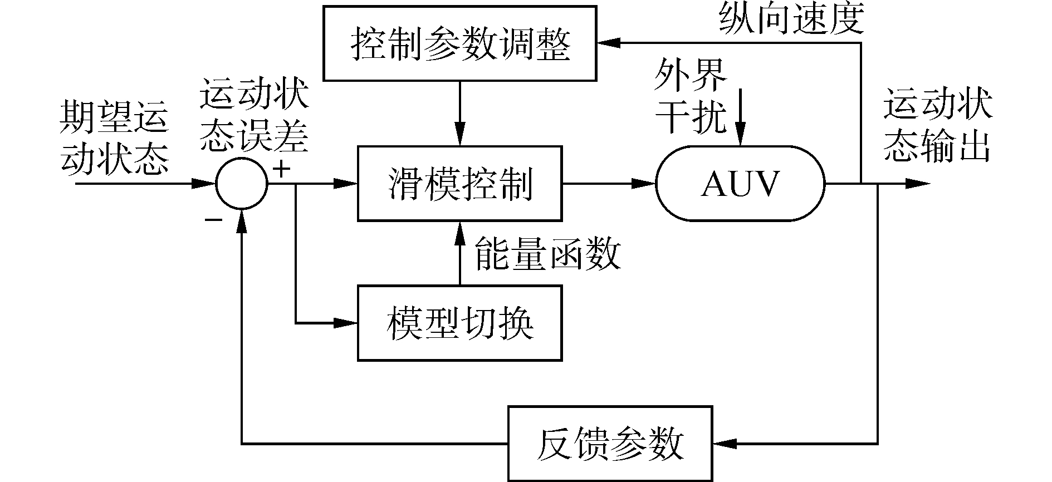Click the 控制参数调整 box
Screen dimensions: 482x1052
tap(460, 43)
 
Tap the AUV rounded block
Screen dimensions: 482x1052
tap(740, 184)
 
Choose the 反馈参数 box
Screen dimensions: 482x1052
tap(610, 444)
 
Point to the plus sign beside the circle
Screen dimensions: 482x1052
tap(282, 168)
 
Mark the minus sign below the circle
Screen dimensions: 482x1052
tap(213, 220)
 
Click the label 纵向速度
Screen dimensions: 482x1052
tap(791, 18)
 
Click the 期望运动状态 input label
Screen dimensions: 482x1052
tap(114, 137)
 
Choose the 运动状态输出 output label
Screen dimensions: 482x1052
tap(938, 126)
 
